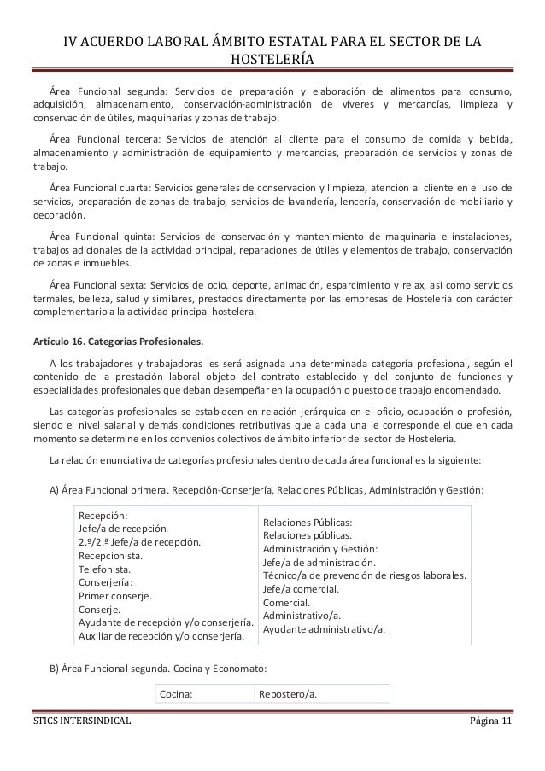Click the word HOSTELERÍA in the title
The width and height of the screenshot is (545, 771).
coord(272,59)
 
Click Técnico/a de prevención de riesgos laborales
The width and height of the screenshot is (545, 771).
coord(364,575)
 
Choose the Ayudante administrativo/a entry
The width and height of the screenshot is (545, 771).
coord(323,630)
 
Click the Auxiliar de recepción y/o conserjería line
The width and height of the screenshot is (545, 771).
coord(161,635)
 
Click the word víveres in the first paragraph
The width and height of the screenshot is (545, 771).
coord(357,105)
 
